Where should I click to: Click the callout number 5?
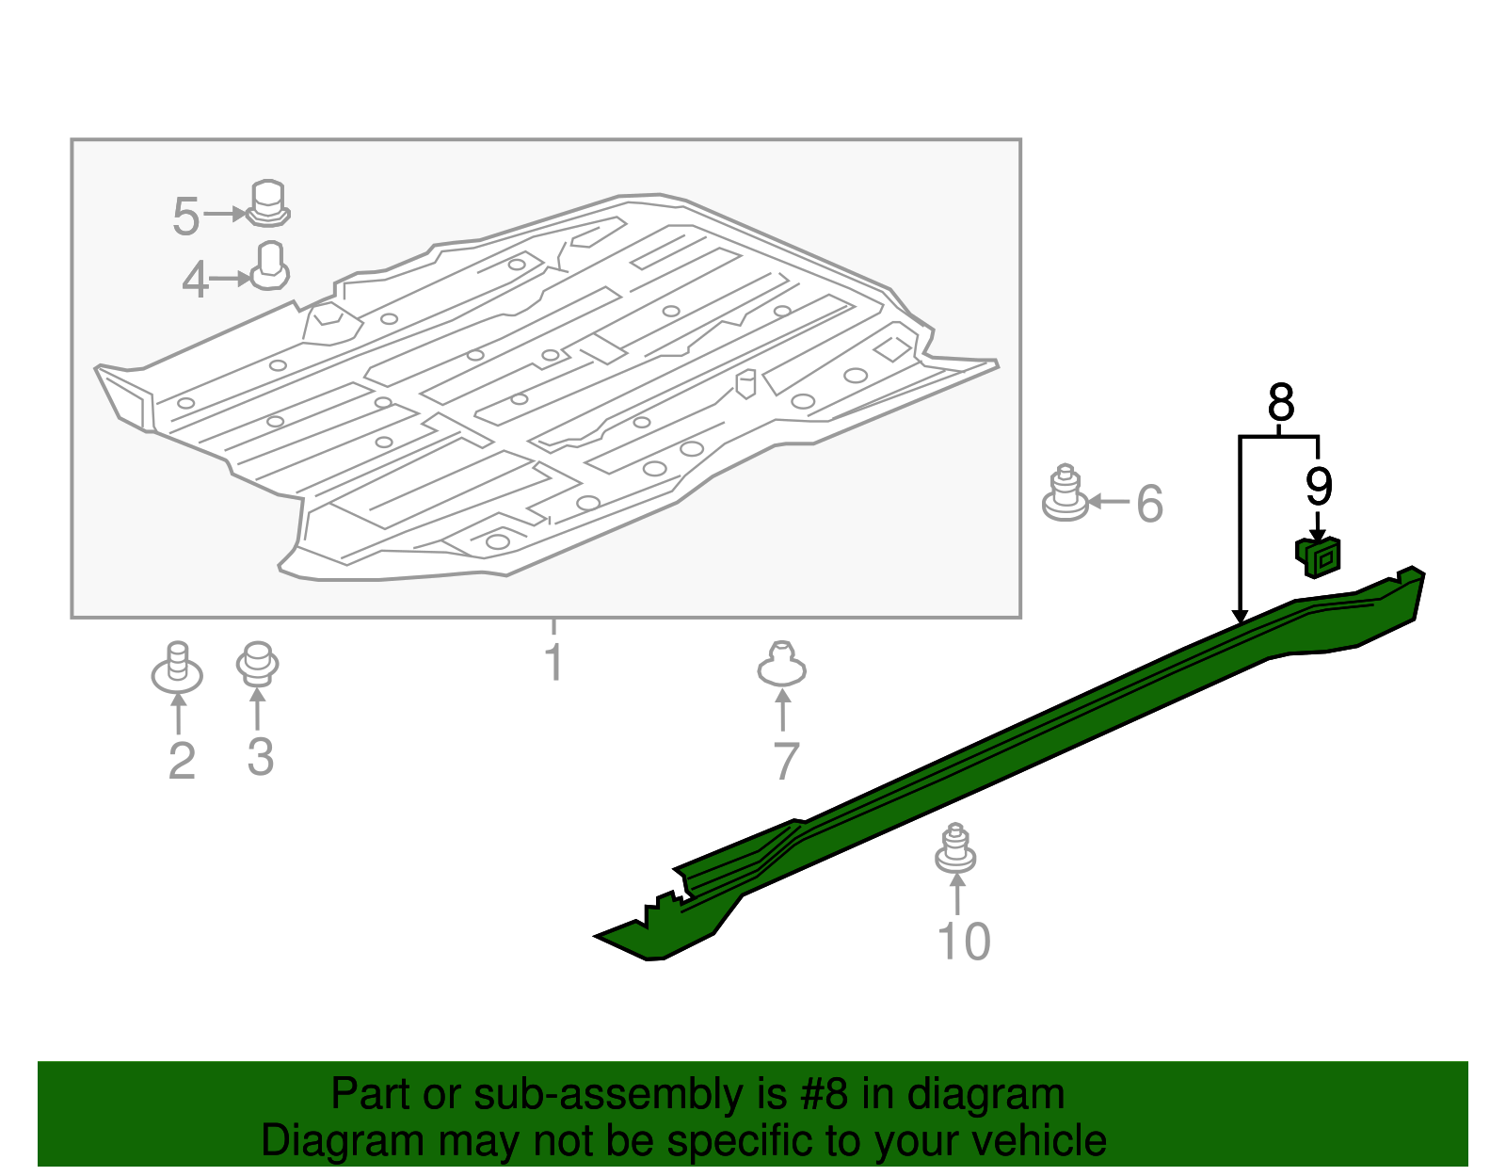[x=185, y=217]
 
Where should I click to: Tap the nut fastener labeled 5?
[x=267, y=203]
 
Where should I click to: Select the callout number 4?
[x=195, y=281]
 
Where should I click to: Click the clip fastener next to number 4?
[x=270, y=266]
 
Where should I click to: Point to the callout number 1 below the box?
[x=554, y=663]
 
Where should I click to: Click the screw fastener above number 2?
[x=177, y=668]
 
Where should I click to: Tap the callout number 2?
[x=182, y=761]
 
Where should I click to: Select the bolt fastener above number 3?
[x=257, y=664]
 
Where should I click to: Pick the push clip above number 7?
[x=781, y=664]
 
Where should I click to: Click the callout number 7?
[x=786, y=761]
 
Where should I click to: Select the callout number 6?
[x=1149, y=504]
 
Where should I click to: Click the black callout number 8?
[x=1280, y=404]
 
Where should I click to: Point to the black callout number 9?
[x=1319, y=487]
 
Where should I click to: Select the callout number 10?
[x=964, y=942]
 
